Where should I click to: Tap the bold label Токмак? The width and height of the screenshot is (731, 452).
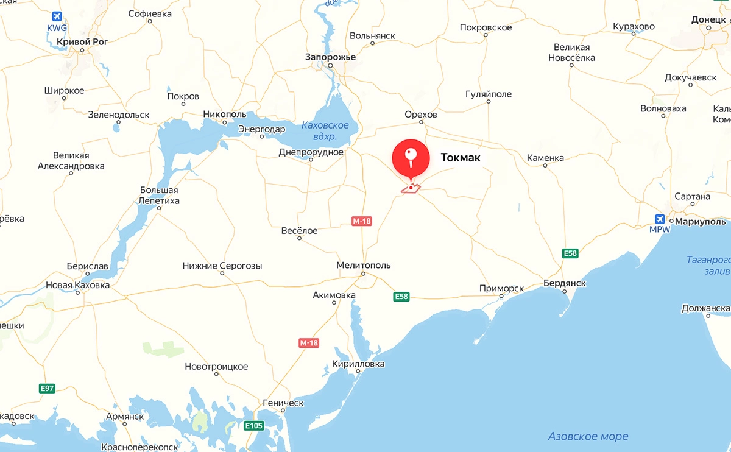461,158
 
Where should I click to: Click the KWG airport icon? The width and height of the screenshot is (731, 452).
57,16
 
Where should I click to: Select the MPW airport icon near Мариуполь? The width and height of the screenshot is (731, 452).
659,219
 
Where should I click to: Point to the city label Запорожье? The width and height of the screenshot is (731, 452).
330,57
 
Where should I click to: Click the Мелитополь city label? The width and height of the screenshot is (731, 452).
364,265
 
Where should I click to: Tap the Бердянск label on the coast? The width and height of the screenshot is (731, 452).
565,283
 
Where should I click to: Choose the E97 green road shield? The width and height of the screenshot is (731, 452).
47,388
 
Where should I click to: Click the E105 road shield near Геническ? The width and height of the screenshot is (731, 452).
254,425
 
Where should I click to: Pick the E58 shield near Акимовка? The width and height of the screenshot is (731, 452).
401,297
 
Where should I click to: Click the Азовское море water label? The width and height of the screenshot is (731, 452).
588,436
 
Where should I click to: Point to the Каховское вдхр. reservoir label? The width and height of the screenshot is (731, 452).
325,131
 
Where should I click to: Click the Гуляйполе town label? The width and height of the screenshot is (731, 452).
489,94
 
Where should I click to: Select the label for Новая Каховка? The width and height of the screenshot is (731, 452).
78,285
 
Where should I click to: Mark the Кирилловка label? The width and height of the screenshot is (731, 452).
359,364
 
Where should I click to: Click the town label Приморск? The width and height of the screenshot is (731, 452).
501,288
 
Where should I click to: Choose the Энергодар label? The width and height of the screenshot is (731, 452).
261,129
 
